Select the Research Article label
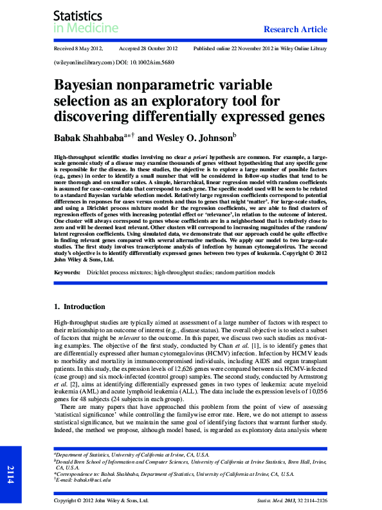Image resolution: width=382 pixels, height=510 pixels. (296, 29)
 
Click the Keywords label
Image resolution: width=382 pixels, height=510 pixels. (68, 273)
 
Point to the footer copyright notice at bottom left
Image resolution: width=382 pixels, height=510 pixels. (101, 500)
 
